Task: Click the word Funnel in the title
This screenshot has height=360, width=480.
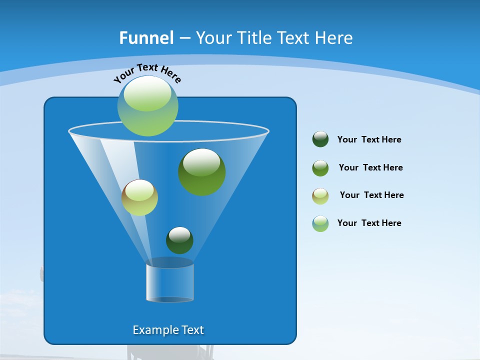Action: pos(146,38)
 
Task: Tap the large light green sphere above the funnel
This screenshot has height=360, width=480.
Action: pos(148,106)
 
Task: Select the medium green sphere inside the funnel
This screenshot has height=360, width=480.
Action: pos(201,171)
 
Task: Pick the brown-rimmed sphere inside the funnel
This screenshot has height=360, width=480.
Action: pos(139,197)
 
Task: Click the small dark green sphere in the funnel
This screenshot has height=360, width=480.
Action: pos(179,240)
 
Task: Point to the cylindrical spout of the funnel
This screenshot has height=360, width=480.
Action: pos(169,282)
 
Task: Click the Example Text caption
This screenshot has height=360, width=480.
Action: pos(168,330)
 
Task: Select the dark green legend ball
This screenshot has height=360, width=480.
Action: pos(320,139)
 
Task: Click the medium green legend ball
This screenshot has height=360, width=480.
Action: pos(320,168)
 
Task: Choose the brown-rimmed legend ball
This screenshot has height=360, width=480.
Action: pos(320,196)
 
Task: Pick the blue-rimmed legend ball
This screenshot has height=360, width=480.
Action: pos(320,223)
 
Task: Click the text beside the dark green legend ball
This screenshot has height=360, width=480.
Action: pos(369,140)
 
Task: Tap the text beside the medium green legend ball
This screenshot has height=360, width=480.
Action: pos(370,168)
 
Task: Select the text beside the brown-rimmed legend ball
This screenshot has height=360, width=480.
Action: pos(371,195)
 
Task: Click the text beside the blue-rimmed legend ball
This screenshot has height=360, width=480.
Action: pos(369,223)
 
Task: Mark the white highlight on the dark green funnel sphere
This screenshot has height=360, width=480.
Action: pos(179,234)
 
